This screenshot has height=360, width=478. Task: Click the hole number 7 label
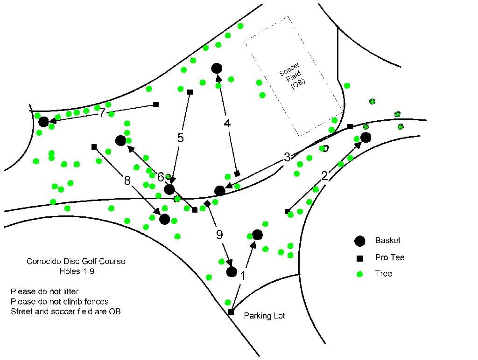[102, 113]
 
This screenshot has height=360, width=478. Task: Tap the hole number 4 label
[227, 124]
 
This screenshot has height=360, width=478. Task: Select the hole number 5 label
[181, 138]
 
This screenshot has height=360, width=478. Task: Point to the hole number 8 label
[127, 180]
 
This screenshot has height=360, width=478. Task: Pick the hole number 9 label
[219, 235]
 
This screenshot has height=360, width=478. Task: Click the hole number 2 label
[325, 176]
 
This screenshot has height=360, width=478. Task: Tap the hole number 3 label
[287, 157]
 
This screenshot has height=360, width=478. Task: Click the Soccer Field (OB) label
[292, 76]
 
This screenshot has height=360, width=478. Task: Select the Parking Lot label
[264, 316]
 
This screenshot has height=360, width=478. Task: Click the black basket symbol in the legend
[360, 241]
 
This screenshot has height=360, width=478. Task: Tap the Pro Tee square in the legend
[360, 258]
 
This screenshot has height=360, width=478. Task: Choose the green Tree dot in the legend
[360, 274]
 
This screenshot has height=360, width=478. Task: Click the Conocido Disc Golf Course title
[76, 261]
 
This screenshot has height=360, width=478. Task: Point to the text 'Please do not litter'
[44, 291]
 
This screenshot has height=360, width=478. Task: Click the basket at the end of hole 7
[43, 122]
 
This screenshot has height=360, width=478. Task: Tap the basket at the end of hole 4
[217, 68]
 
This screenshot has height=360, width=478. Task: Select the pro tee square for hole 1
[231, 312]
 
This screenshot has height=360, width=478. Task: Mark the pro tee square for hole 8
[94, 147]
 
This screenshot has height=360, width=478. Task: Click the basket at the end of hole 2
[366, 138]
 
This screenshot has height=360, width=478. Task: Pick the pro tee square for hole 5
[190, 92]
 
